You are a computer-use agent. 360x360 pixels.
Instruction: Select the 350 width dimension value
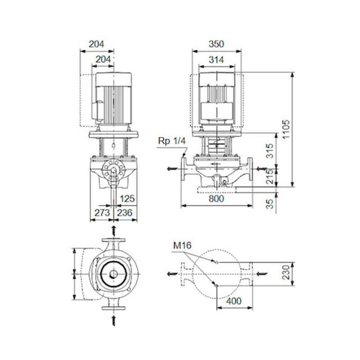tap(216, 44)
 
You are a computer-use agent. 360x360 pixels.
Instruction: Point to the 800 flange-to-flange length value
tap(216, 198)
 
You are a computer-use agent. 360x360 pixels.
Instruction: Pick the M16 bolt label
tap(182, 246)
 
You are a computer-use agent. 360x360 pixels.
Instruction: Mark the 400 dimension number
tap(234, 301)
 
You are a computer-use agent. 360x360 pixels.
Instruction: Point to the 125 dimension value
tap(127, 198)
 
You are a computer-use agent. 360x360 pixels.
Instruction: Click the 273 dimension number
tap(102, 213)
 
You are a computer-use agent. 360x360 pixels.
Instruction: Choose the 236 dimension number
tap(126, 213)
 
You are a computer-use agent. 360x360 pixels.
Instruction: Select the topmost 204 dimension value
tap(96, 44)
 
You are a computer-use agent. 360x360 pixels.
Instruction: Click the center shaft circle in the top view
tap(114, 274)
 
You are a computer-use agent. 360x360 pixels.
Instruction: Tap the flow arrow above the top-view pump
tap(114, 230)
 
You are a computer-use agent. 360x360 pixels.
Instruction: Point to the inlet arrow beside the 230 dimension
tap(260, 274)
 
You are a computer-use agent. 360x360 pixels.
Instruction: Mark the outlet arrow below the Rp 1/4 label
tap(172, 168)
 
